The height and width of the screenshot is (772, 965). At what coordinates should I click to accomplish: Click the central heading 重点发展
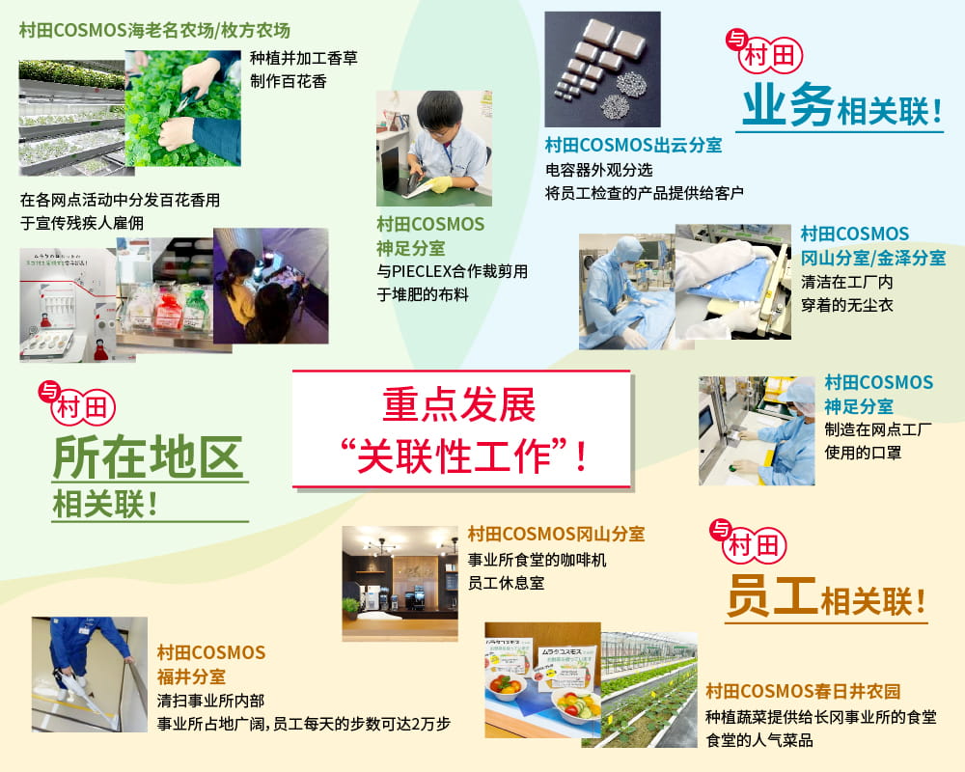pos(459,406)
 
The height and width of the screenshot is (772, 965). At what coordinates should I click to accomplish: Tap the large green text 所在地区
pos(148,458)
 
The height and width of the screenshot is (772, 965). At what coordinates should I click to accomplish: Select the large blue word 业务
pos(786,108)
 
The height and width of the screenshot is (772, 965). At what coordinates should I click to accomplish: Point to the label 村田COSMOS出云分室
pos(633,146)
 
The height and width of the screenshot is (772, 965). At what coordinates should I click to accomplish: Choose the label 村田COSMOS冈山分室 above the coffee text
pos(556,534)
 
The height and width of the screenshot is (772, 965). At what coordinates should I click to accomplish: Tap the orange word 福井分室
pos(192,675)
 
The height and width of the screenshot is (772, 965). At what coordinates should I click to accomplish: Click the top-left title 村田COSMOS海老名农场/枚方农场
pos(154,29)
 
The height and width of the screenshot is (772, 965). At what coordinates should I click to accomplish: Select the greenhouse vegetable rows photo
pos(648,689)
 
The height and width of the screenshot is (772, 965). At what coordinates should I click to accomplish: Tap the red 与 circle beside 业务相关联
pos(735,40)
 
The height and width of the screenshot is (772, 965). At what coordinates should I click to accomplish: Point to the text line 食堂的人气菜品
pos(759,740)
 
